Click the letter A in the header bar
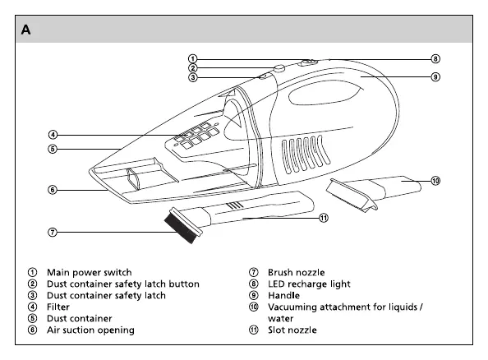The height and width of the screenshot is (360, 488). point(25,30)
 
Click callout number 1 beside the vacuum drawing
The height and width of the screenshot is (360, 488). point(192,59)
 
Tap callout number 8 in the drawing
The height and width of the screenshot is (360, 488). point(435,59)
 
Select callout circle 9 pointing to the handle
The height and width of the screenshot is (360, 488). point(435,77)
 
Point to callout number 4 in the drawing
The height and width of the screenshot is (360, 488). point(53,135)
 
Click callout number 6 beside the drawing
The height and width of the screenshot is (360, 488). point(53,190)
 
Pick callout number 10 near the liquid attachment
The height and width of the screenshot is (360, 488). point(435,181)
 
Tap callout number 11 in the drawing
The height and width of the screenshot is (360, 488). point(324,218)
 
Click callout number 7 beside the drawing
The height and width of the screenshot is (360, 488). point(53,233)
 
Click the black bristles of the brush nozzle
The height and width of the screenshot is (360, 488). point(181,227)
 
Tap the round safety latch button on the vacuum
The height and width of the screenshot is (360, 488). point(279,68)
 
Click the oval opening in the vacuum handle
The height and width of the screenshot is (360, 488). point(324,93)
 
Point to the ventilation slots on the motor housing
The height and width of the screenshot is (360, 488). point(306,155)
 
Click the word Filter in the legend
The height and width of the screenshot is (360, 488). point(58,307)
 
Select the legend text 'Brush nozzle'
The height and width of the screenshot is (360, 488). point(297,273)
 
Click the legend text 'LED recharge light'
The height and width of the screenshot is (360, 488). point(309,284)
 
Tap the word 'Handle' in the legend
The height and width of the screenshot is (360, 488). point(283,296)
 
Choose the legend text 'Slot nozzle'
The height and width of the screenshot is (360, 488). point(292,330)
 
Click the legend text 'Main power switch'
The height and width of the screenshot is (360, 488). point(90,273)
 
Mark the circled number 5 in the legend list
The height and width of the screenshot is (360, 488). point(32,319)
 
